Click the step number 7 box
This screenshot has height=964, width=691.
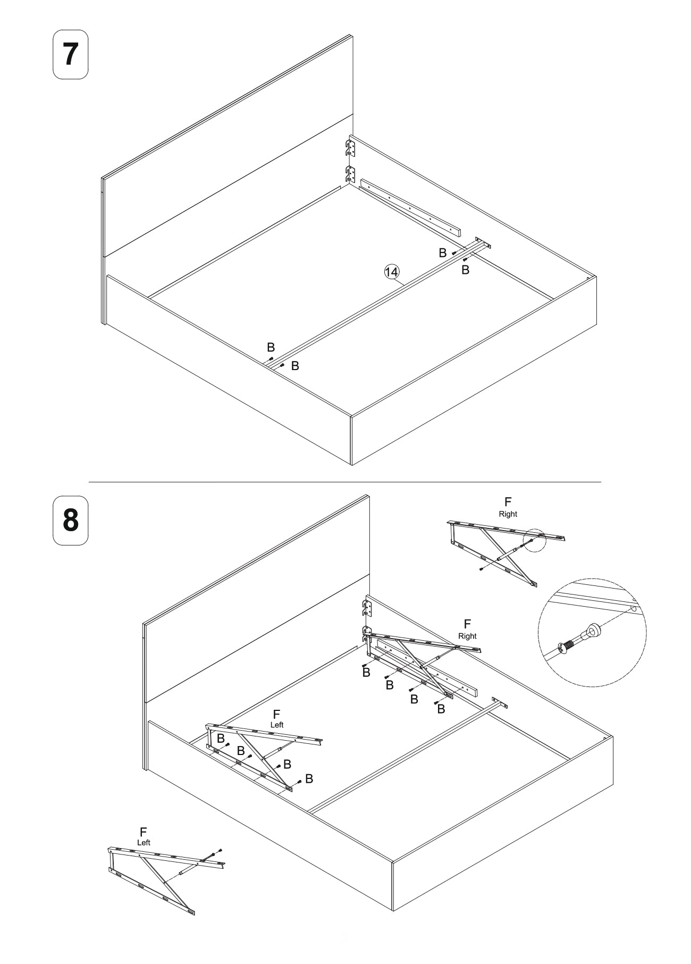70,55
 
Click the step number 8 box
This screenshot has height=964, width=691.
70,520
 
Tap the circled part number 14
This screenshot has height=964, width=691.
391,272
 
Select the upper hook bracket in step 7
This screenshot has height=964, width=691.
350,148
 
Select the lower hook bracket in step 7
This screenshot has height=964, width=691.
350,174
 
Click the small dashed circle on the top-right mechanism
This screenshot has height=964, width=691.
534,540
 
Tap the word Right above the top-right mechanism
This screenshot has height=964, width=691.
508,514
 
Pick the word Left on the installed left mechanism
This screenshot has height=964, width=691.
277,725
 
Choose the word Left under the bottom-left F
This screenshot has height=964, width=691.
144,842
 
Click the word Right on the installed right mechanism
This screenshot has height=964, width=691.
467,636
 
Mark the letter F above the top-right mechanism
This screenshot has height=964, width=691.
508,502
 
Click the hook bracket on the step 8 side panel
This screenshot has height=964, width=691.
366,608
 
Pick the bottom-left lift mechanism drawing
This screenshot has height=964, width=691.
165,877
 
